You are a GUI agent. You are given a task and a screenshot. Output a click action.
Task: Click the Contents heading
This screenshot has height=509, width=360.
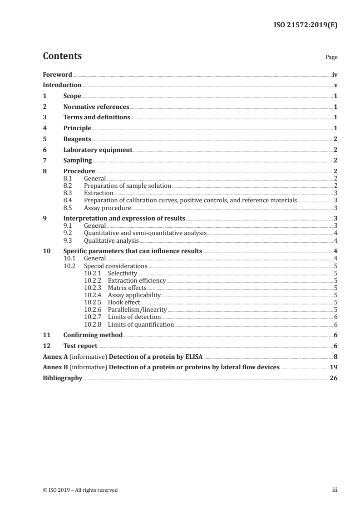[62, 56]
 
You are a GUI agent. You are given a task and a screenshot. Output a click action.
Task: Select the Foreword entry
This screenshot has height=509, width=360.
[57, 74]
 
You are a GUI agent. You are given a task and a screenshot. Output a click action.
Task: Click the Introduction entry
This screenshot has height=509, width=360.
[62, 85]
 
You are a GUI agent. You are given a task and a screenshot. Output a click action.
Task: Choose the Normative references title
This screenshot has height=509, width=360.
[96, 107]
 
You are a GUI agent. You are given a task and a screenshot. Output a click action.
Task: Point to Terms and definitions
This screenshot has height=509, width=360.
[97, 117]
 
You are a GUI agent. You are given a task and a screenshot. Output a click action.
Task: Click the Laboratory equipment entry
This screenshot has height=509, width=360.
[98, 150]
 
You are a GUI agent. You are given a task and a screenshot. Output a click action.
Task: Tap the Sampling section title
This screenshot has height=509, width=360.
[78, 161]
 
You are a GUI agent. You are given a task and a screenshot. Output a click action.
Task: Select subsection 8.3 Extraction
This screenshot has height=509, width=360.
[99, 193]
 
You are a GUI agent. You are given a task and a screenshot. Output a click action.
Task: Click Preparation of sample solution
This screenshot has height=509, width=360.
[128, 186]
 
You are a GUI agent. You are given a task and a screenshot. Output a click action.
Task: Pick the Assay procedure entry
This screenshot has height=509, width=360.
[108, 208]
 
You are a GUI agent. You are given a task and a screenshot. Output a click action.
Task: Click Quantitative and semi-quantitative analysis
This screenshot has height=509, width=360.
[145, 233]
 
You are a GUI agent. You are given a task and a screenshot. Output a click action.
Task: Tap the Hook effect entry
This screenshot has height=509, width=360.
[124, 303]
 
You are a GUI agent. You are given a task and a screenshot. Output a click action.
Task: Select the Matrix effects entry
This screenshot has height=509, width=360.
[127, 288]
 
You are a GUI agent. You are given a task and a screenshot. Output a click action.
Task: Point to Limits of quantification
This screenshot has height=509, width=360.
[141, 325]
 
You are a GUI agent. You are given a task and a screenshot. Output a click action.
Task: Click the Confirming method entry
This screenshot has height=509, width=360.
[93, 335]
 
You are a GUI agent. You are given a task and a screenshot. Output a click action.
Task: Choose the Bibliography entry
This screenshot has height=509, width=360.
[63, 378]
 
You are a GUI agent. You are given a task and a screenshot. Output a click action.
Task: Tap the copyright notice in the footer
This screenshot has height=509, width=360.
[80, 490]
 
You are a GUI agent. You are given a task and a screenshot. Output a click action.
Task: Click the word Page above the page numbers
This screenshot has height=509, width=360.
[331, 58]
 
